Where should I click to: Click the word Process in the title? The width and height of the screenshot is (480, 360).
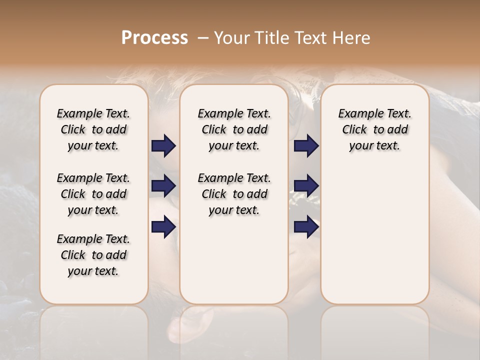[x=154, y=37]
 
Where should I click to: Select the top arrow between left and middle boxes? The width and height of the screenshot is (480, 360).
[x=163, y=145]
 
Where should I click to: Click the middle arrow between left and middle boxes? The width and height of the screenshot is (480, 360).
[x=163, y=186]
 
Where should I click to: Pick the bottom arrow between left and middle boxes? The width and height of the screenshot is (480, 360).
[x=163, y=226]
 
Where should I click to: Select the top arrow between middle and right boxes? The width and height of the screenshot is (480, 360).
[x=306, y=145]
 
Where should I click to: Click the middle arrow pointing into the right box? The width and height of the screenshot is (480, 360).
[x=306, y=186]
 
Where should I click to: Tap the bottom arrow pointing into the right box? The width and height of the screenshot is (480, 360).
[x=306, y=226]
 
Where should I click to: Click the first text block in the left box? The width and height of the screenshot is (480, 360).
[x=93, y=129]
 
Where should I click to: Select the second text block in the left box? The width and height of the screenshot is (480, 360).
[x=93, y=194]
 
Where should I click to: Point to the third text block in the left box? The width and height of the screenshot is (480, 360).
[x=93, y=255]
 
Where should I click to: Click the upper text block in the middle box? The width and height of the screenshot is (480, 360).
[x=234, y=129]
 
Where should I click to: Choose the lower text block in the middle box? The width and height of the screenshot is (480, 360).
[x=234, y=194]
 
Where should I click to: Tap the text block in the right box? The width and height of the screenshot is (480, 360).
[x=374, y=129]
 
